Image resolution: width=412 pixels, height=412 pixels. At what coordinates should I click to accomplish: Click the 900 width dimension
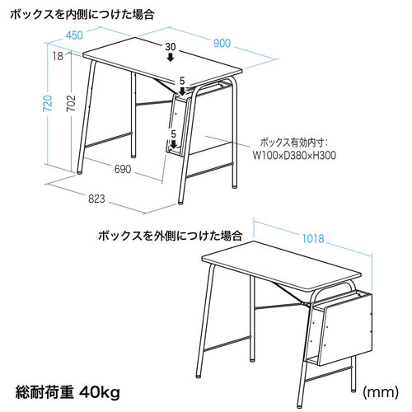coord(222,43)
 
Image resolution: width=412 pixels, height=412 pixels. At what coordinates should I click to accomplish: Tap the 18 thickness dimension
coord(57,57)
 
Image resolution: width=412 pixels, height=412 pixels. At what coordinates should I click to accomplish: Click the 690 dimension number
coord(122,169)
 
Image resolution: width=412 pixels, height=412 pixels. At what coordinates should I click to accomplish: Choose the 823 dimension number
coord(96,198)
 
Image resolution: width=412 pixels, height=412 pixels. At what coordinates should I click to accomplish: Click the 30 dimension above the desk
coord(171,47)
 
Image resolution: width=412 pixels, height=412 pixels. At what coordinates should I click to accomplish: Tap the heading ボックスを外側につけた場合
coord(170,235)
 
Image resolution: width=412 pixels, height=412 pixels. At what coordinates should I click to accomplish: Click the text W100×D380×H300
coord(294,154)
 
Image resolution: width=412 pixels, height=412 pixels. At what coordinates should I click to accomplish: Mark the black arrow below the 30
coord(171,58)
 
